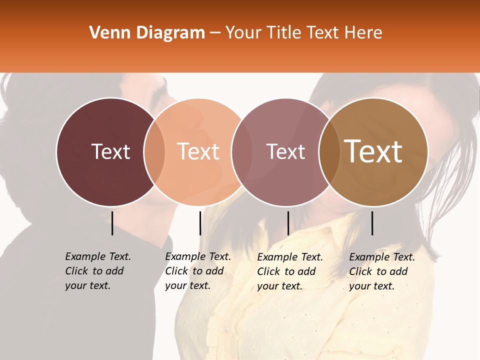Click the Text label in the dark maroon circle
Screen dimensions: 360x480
point(110,151)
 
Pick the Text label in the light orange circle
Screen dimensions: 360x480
point(198,151)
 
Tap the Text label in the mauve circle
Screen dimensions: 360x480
point(285,151)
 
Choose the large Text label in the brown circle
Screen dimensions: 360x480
point(373,151)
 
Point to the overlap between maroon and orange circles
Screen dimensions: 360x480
point(154,151)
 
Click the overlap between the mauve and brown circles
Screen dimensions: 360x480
point(328,151)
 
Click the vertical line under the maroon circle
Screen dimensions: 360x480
point(112,223)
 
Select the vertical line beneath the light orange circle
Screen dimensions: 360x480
point(200,223)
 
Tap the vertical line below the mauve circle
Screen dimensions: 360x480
point(288,223)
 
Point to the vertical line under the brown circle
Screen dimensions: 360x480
point(372,223)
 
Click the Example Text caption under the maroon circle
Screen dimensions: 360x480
point(98,271)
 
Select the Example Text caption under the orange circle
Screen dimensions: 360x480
point(198,271)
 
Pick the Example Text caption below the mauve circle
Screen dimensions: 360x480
point(290,271)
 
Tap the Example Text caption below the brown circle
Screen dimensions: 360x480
point(382,271)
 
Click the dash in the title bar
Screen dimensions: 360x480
point(215,33)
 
